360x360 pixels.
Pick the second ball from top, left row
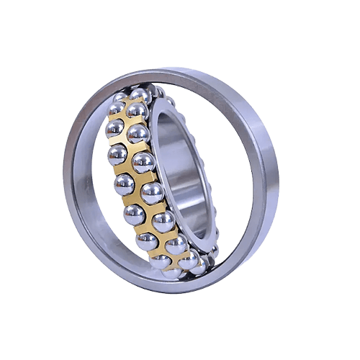(x=116, y=128)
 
